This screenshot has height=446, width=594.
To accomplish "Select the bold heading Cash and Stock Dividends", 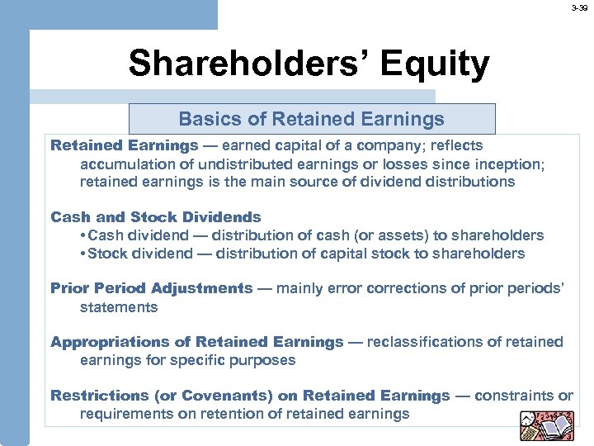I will [x=155, y=217].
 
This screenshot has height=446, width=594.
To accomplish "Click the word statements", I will [x=118, y=307].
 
